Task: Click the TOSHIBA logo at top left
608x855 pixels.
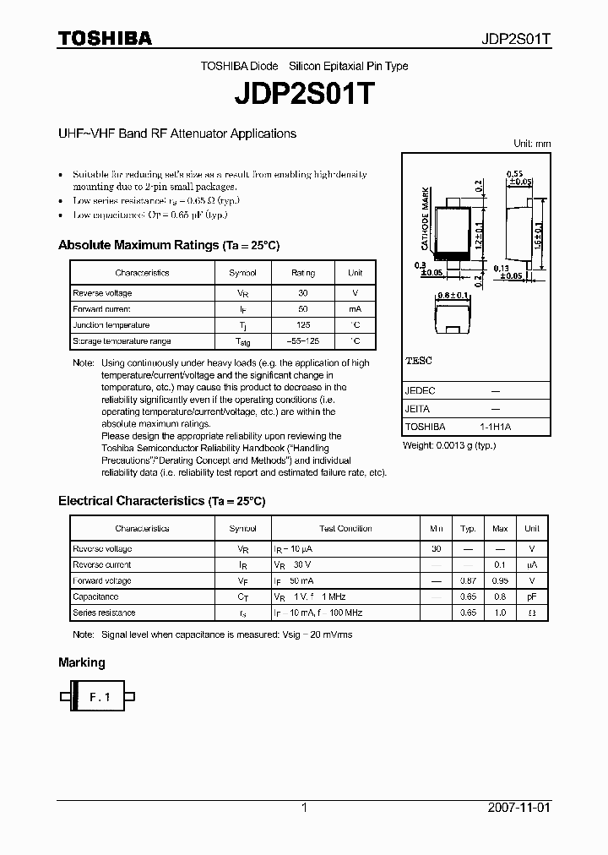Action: (105, 38)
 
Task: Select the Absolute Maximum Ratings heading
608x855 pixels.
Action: (168, 246)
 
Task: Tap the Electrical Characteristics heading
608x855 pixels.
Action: (161, 501)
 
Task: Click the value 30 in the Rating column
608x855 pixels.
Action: (303, 293)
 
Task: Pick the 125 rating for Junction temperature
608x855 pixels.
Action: (303, 325)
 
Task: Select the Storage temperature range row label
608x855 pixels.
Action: (122, 341)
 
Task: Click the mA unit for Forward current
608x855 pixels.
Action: (355, 309)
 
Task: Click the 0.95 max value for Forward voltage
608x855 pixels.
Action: (500, 581)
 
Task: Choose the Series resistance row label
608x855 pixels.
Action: (104, 613)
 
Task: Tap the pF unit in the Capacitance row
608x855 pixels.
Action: (531, 597)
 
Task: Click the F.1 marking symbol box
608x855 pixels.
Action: (100, 697)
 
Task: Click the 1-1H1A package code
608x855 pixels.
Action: (495, 427)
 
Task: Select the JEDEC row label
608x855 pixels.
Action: (421, 391)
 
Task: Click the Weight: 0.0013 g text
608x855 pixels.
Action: (448, 445)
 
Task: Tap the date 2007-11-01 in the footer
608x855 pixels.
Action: (518, 808)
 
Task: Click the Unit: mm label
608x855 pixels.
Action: (532, 144)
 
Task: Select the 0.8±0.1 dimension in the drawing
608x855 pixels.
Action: (453, 296)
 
